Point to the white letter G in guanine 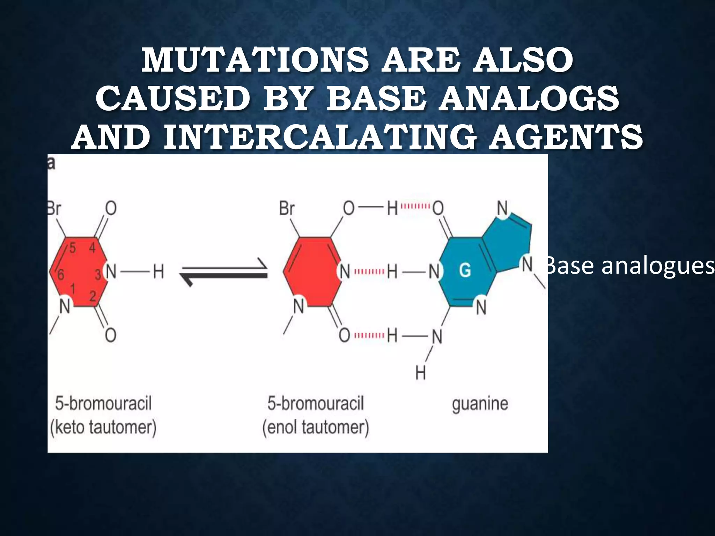(464, 270)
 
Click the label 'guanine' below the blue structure (480, 404)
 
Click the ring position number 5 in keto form (72, 248)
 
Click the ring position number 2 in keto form (93, 296)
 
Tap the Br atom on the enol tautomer (287, 209)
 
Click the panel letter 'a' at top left (51, 163)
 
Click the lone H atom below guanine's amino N (421, 373)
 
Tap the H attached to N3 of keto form (158, 271)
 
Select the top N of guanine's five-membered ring (502, 209)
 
